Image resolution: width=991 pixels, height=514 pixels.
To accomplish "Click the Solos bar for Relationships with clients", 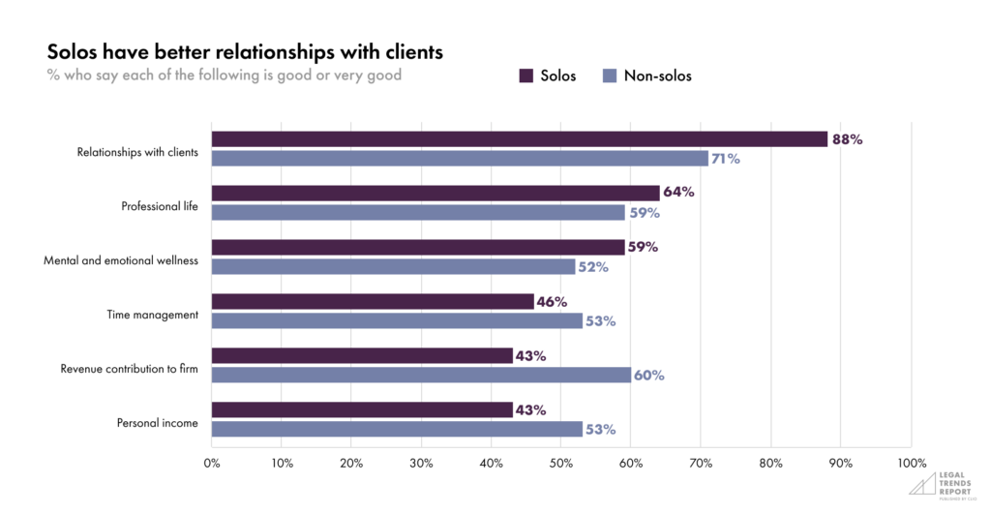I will click(x=520, y=138).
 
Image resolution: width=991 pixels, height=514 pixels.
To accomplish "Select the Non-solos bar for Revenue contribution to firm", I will click(x=421, y=375).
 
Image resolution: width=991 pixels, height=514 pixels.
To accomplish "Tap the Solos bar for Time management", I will click(x=373, y=301).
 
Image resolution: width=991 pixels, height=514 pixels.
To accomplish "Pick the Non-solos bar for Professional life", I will click(x=418, y=212).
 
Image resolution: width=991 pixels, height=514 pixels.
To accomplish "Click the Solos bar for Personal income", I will click(x=362, y=409).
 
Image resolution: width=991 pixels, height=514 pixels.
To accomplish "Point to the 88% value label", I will click(x=847, y=139).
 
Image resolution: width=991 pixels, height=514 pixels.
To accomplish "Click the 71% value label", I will click(x=726, y=159).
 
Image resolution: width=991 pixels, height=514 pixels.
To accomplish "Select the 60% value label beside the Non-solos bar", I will click(x=649, y=376).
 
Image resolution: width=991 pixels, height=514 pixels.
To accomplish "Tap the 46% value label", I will click(x=552, y=302).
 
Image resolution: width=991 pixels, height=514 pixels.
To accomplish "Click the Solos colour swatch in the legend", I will click(x=526, y=75).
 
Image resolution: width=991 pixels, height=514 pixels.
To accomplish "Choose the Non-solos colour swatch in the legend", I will click(x=610, y=75).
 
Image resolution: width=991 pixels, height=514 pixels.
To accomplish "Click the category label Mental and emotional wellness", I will click(x=121, y=260).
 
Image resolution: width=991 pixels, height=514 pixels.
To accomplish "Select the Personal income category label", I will click(x=158, y=423).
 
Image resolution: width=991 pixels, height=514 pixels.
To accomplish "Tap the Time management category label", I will click(x=152, y=315).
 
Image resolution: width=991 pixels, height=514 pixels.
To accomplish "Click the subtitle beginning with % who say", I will click(x=224, y=76).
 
